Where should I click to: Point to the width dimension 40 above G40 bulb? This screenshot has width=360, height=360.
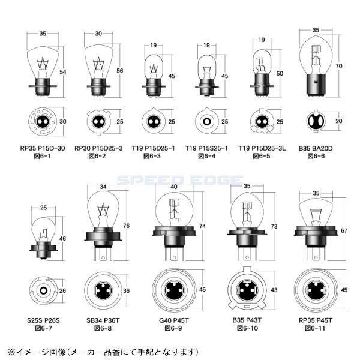click(x=174, y=187)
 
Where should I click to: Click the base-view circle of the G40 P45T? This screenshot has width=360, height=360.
click(x=174, y=290)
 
